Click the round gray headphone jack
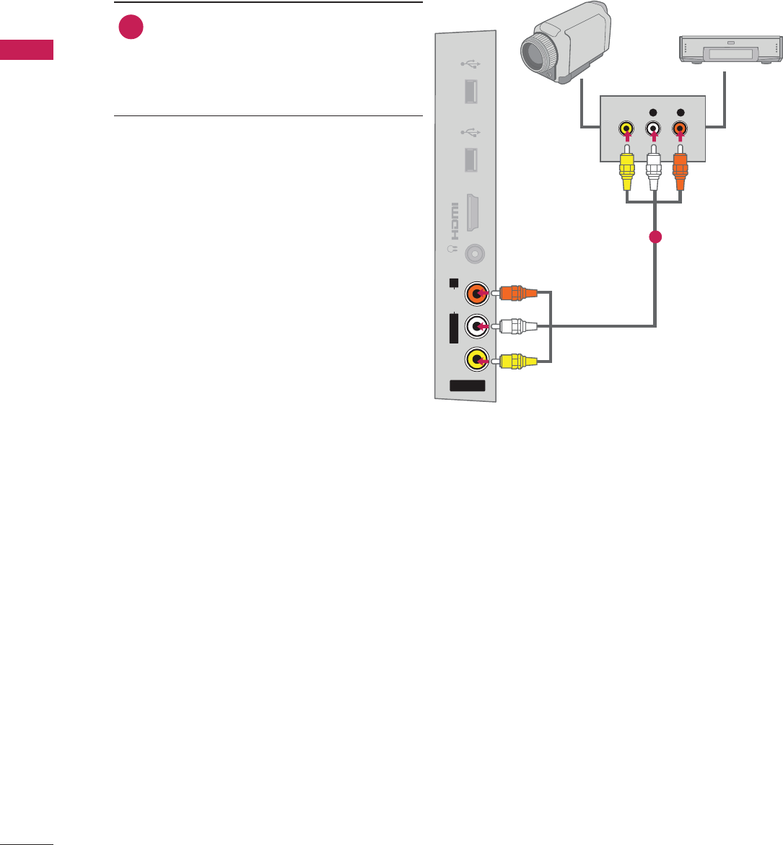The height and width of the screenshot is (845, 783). pyautogui.click(x=475, y=254)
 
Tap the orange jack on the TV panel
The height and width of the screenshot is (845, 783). pyautogui.click(x=477, y=293)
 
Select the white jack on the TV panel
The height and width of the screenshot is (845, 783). pyautogui.click(x=477, y=326)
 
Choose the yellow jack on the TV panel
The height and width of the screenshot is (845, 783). pyautogui.click(x=477, y=359)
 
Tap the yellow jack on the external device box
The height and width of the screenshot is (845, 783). pyautogui.click(x=626, y=129)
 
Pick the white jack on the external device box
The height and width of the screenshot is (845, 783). pyautogui.click(x=653, y=129)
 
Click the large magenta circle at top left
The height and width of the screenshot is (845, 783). pyautogui.click(x=131, y=27)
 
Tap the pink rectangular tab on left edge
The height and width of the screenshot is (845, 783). pyautogui.click(x=27, y=51)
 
